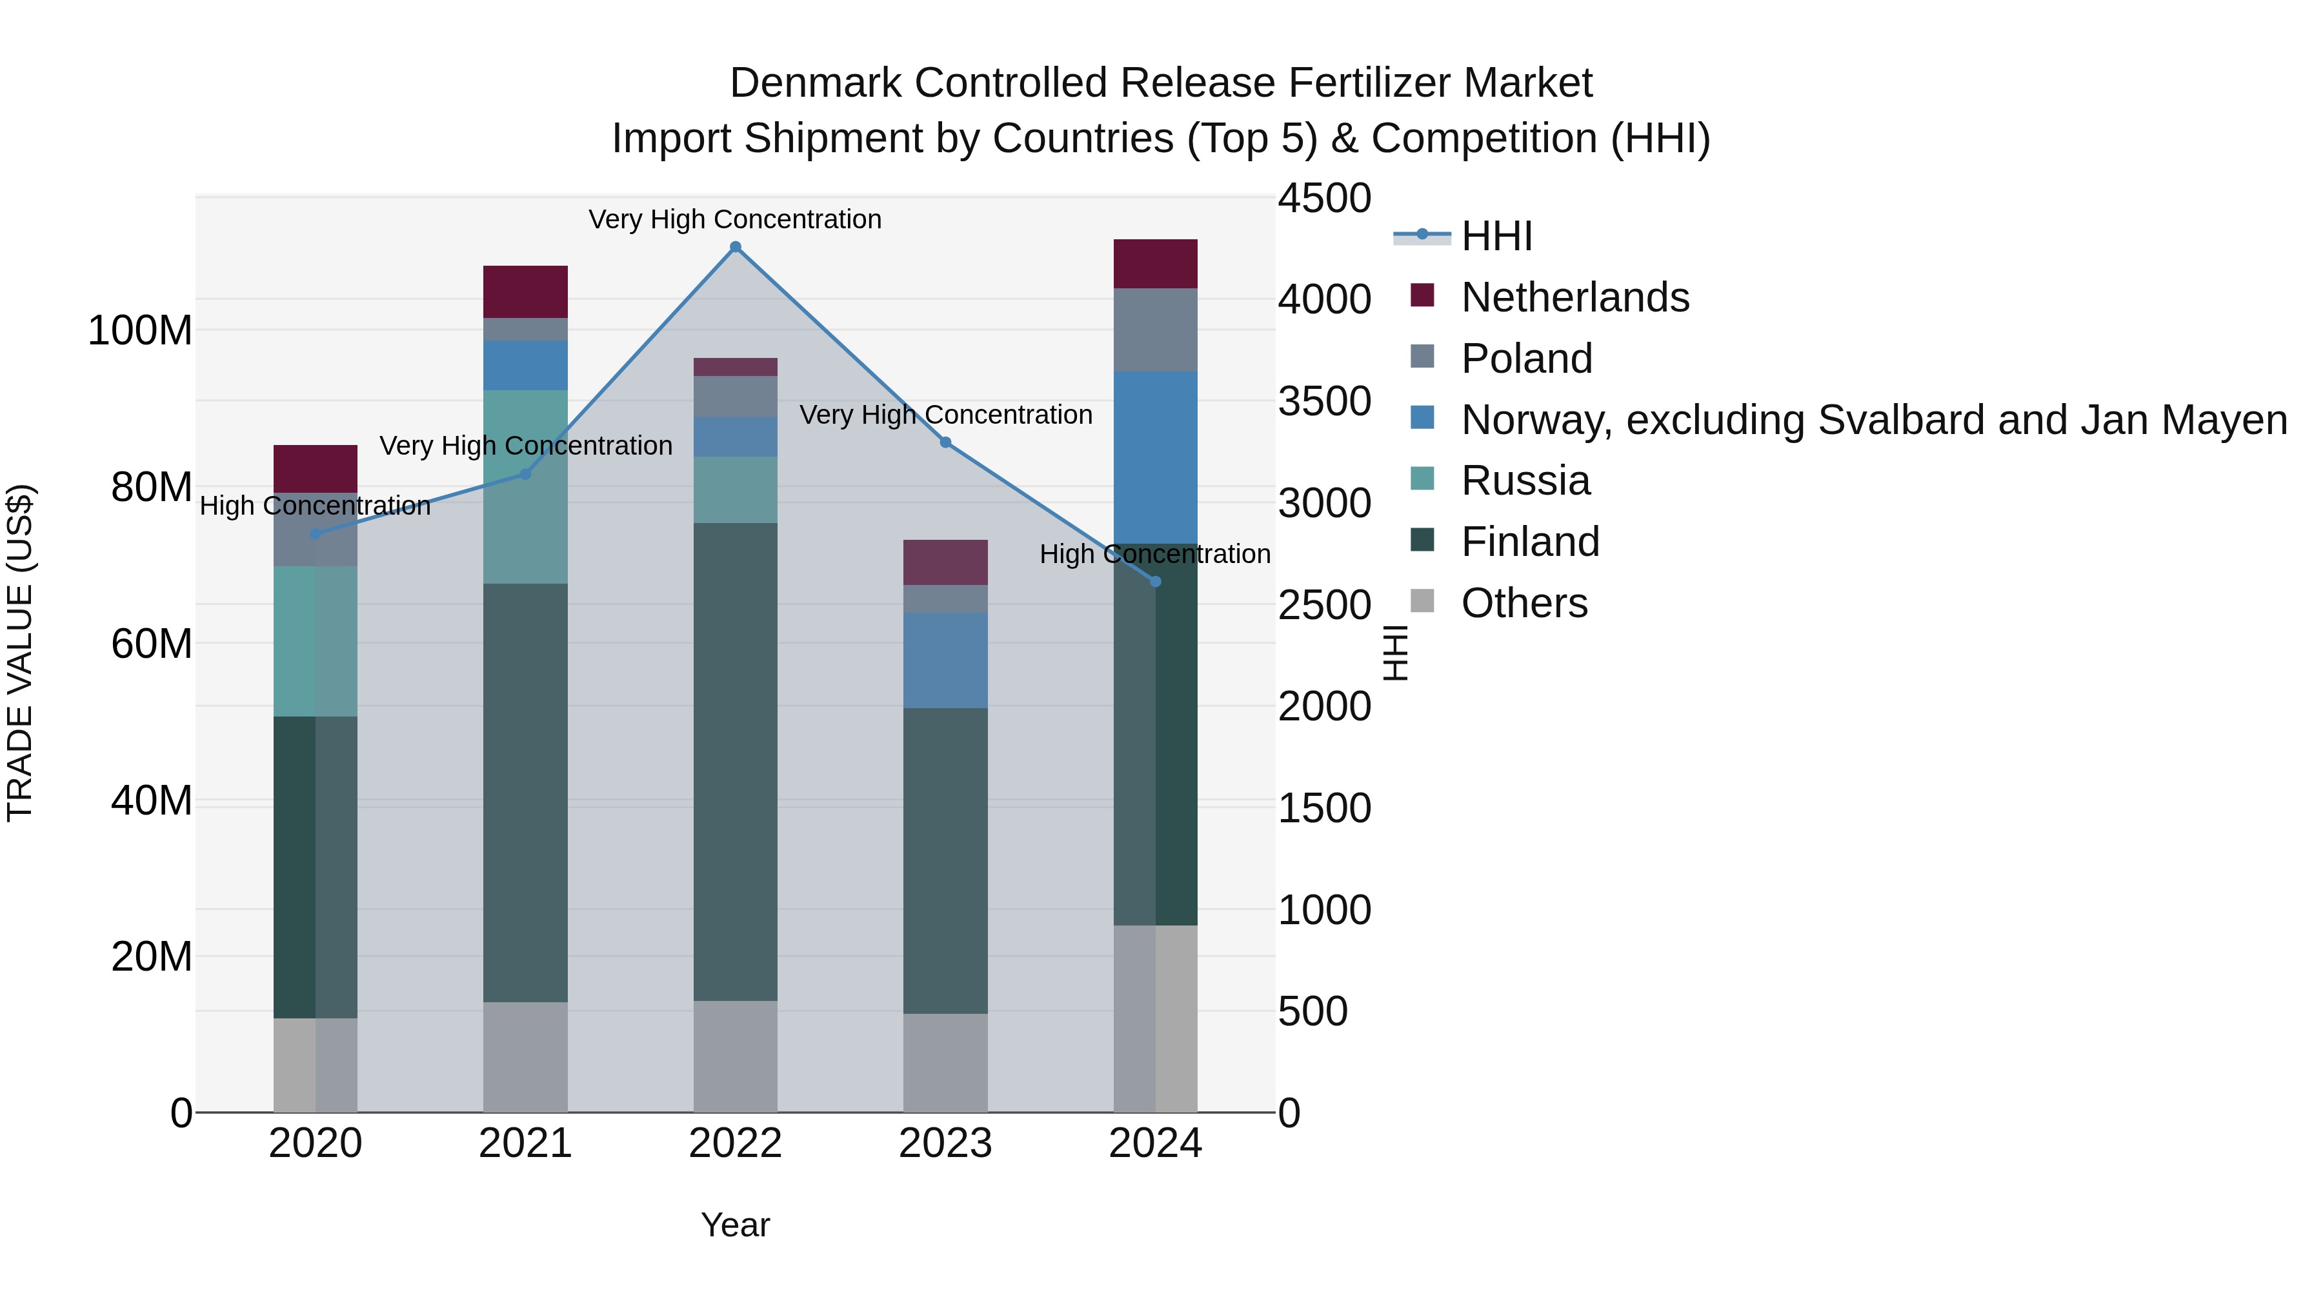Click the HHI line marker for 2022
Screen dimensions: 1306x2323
tap(735, 247)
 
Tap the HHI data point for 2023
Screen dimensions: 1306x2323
tap(945, 442)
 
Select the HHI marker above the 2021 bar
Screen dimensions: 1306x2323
tap(526, 474)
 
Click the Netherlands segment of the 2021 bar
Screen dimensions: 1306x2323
tap(526, 291)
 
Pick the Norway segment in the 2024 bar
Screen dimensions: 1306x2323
tap(1155, 457)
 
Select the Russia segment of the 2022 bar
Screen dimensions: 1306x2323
tap(735, 490)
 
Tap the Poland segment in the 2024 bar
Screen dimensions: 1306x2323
tap(1155, 330)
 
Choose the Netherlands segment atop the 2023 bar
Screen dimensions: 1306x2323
tap(945, 562)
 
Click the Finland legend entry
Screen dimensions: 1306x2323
tap(1529, 542)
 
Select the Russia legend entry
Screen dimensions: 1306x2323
tap(1525, 480)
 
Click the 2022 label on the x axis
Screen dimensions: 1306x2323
tap(735, 1143)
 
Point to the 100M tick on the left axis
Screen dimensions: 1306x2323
tap(140, 331)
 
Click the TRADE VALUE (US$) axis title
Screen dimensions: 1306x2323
tap(20, 653)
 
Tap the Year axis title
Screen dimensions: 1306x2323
tap(735, 1225)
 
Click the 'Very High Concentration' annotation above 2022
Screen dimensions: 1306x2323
tap(735, 219)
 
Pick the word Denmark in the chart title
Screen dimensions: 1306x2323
tap(815, 83)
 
